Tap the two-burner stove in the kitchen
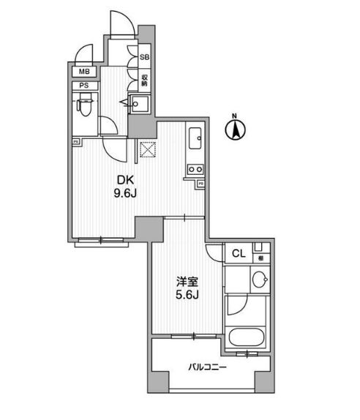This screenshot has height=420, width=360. (195, 171)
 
